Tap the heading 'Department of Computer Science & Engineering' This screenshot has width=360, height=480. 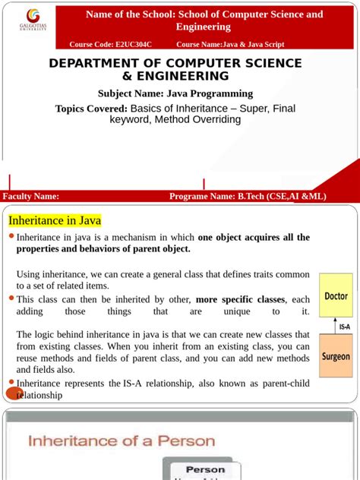175,69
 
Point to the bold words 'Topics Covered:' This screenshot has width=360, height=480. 86,109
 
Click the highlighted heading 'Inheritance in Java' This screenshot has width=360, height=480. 55,220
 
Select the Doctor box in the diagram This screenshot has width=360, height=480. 336,296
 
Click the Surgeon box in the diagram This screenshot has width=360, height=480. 336,356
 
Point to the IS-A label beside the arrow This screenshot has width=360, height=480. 345,327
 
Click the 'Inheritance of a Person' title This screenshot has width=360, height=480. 122,441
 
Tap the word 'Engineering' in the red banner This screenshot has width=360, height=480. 204,27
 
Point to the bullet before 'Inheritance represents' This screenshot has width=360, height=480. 11,381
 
